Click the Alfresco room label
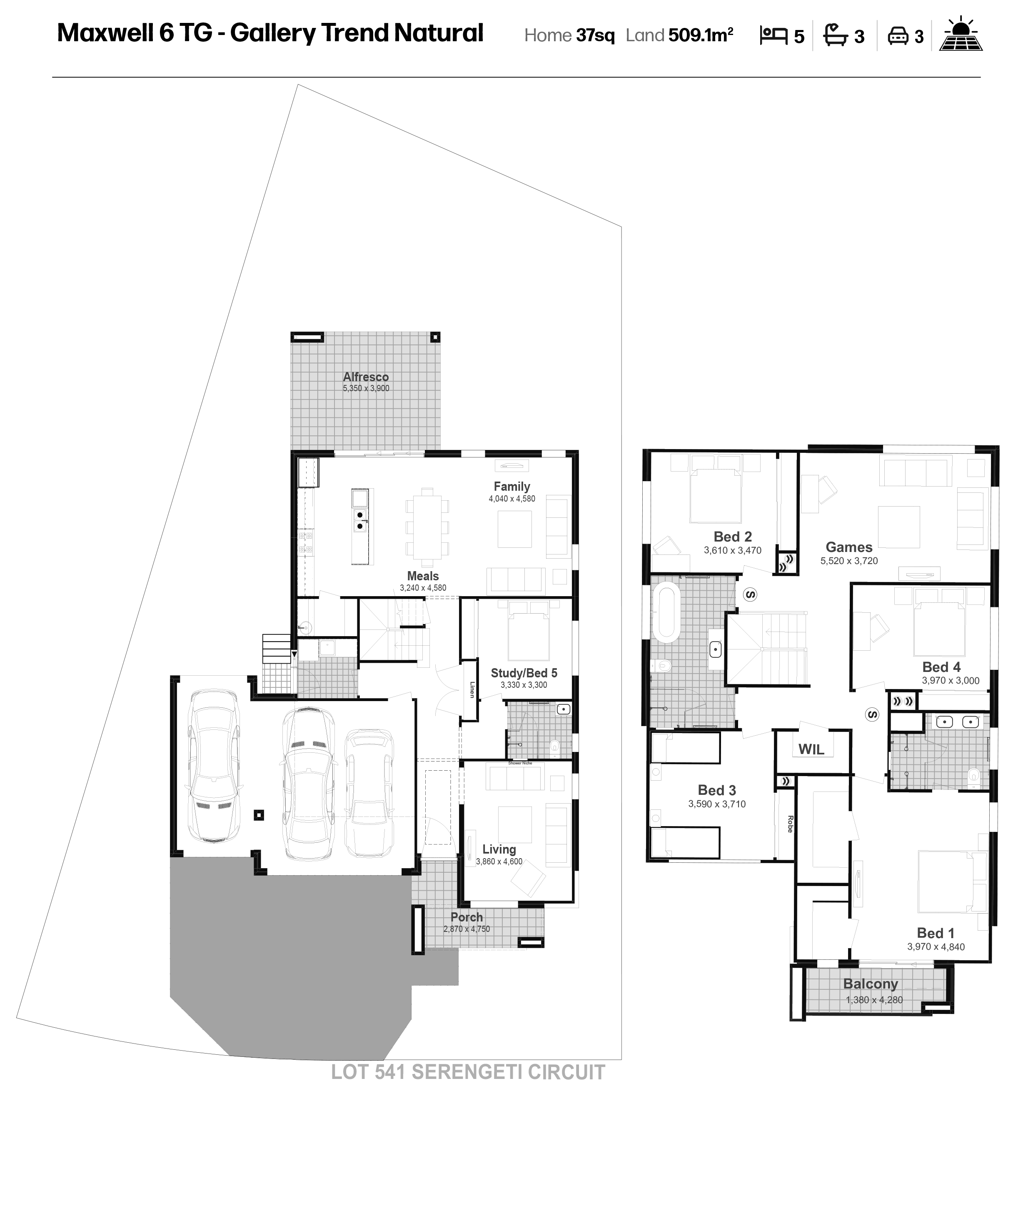365,377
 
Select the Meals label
422,576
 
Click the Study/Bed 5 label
524,673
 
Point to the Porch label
467,917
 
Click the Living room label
499,849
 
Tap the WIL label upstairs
811,750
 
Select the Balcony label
871,984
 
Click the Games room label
849,547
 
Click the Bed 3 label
717,790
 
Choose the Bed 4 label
942,667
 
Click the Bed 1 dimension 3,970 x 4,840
936,947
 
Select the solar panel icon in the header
963,35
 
